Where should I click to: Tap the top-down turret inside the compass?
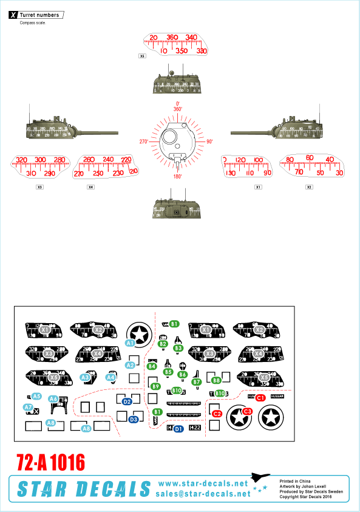click(x=177, y=141)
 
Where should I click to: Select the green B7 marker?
click(x=196, y=382)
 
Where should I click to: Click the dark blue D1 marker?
click(x=178, y=429)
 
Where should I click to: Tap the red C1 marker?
click(x=260, y=397)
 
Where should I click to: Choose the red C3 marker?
click(x=248, y=411)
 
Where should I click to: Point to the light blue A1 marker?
click(x=129, y=343)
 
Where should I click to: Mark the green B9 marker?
click(x=156, y=386)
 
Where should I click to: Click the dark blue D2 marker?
click(x=127, y=401)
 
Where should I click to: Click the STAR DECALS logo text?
click(x=82, y=488)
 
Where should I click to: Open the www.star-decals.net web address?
click(x=203, y=483)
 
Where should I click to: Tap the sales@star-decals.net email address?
click(x=203, y=494)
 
